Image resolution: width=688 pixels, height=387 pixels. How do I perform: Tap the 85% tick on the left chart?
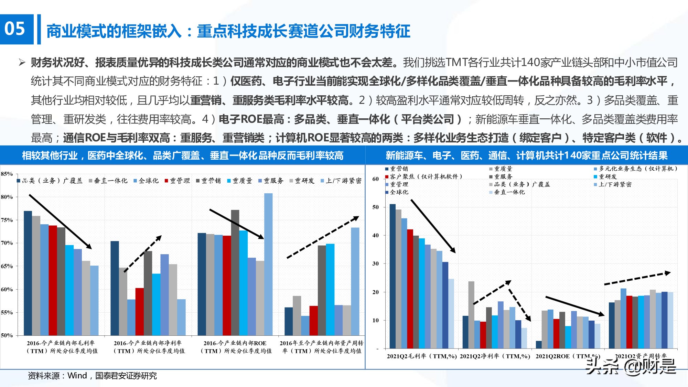click(7, 174)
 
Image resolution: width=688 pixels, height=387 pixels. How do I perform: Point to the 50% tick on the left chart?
click(7, 335)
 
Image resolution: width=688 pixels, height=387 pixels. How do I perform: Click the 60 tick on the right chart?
click(375, 179)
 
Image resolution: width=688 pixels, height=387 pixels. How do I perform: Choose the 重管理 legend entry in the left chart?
click(178, 181)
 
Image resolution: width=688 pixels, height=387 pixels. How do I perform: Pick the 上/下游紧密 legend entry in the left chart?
click(341, 181)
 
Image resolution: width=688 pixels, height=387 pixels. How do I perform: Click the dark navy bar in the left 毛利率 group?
click(28, 273)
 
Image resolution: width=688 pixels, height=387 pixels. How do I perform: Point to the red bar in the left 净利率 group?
click(140, 312)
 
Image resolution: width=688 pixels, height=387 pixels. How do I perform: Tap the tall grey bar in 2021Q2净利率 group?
click(471, 315)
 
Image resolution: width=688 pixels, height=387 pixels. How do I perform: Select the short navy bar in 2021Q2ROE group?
click(539, 345)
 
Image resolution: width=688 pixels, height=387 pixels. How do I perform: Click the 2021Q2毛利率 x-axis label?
click(422, 356)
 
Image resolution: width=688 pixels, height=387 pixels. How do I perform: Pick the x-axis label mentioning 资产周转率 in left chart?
click(322, 347)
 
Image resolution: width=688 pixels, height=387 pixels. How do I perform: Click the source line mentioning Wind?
click(92, 376)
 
